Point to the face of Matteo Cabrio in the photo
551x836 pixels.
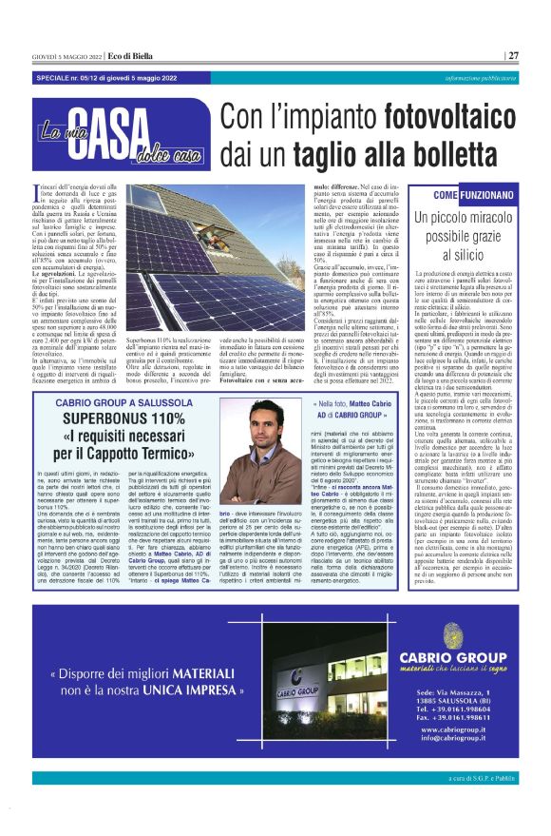pyautogui.click(x=265, y=432)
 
